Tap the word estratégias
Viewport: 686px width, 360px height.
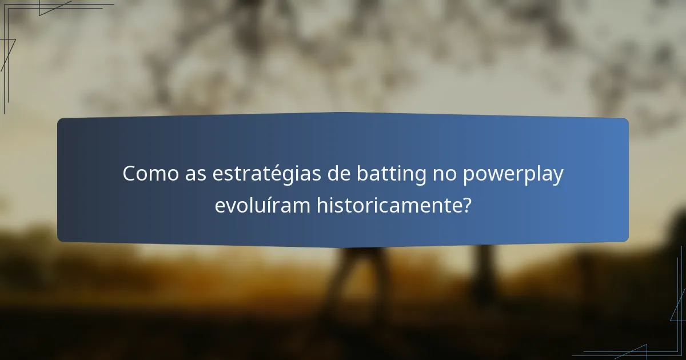(260, 174)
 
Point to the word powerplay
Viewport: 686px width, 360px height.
(513, 174)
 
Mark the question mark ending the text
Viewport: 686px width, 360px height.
(467, 205)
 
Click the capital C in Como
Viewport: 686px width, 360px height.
(129, 174)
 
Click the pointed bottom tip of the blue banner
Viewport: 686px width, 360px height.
(343, 247)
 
